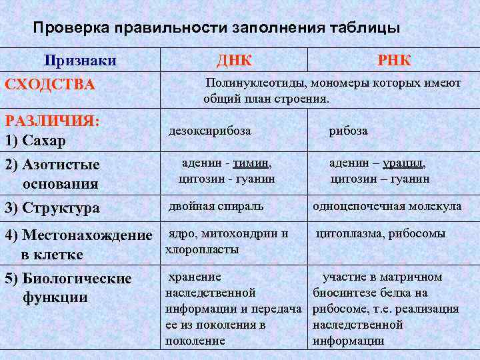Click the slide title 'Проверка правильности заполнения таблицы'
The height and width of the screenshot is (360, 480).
217,29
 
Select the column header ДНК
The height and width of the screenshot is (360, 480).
234,61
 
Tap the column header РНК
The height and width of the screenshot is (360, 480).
394,61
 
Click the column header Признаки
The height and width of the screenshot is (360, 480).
81,61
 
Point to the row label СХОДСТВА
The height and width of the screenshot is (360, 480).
50,85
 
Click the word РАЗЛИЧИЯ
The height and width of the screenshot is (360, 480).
52,121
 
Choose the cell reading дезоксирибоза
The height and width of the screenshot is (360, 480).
210,131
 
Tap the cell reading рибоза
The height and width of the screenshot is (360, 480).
348,131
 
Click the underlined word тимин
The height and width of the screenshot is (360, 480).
255,162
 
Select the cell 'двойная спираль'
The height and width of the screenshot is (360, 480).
216,206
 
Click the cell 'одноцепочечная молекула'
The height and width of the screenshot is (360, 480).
387,206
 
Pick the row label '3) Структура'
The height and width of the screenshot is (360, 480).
52,207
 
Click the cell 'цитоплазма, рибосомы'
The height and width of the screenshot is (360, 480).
381,233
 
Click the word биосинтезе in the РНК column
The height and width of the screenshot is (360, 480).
343,293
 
